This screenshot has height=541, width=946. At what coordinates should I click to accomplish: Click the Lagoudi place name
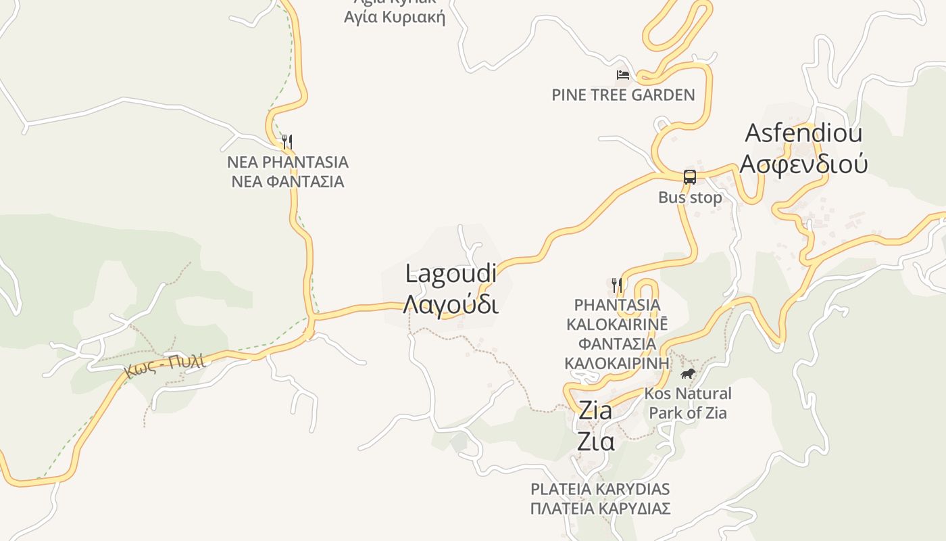tap(451, 274)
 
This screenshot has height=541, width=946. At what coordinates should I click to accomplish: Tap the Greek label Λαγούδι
tap(451, 304)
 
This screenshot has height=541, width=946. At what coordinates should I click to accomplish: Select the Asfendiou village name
tap(803, 133)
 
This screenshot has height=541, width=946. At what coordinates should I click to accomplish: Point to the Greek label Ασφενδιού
tap(803, 163)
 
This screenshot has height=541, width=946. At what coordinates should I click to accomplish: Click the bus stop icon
tap(689, 177)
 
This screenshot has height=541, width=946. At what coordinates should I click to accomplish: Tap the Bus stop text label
tap(690, 197)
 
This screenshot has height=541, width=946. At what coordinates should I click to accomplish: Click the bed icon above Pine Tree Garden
tap(623, 74)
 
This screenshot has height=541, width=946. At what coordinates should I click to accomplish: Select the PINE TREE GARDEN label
tap(623, 95)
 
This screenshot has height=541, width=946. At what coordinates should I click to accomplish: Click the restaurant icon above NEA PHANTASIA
tap(287, 141)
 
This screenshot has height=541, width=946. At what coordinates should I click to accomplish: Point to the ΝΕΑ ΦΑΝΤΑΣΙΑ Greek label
tap(288, 181)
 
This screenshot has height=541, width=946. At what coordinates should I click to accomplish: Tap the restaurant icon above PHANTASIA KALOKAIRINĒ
tap(616, 285)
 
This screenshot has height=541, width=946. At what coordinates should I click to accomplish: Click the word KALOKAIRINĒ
tap(617, 324)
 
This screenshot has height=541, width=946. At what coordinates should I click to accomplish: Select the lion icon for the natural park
tap(688, 374)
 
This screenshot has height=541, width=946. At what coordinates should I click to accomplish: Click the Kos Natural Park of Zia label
tap(688, 403)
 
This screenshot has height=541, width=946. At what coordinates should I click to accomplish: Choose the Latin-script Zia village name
tap(595, 410)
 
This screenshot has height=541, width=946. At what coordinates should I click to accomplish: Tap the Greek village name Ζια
tap(595, 441)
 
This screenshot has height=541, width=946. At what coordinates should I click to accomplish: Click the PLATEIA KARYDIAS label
tap(600, 489)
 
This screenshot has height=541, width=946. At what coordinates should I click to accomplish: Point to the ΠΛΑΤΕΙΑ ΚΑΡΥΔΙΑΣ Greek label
tap(600, 509)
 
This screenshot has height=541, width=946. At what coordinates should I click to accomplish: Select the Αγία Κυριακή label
tap(395, 17)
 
